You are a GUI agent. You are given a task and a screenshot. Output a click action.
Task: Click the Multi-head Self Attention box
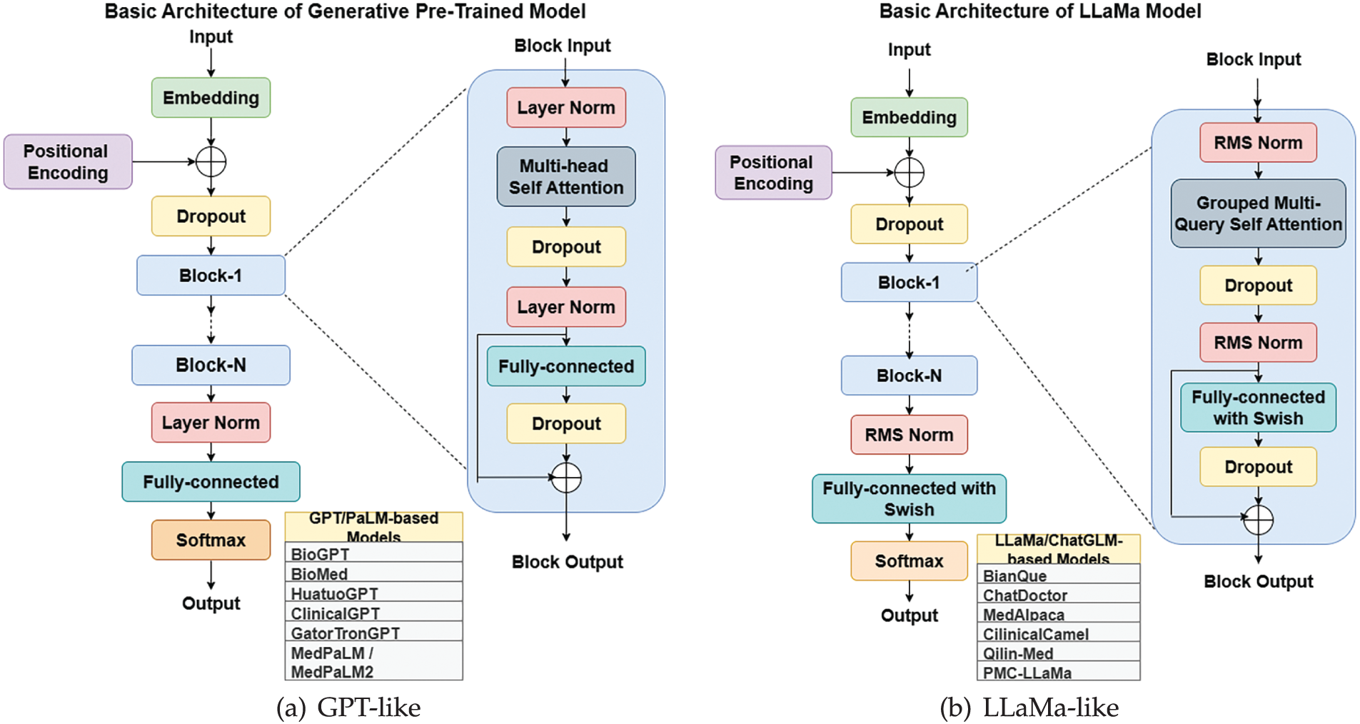coord(566,176)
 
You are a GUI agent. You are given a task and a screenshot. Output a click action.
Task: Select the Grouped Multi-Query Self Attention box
coord(1258,213)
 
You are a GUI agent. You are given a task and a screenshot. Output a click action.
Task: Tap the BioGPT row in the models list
coord(373,553)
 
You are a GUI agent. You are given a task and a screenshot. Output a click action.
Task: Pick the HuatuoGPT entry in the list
coord(373,593)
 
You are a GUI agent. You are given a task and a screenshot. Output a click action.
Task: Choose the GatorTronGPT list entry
coord(373,632)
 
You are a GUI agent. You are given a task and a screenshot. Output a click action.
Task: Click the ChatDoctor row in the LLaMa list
coord(1058,594)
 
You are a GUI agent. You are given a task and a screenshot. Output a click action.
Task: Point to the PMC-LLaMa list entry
coord(1058,672)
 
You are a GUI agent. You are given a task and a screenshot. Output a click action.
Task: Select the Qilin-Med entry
coord(1058,653)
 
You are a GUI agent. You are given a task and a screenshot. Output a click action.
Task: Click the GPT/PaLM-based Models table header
coord(373,527)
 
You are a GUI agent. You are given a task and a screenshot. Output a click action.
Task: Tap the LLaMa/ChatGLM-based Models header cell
coord(1058,549)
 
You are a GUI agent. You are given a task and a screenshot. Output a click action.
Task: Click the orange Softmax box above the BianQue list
coord(909,560)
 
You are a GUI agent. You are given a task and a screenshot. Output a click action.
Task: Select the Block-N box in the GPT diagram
coord(211,365)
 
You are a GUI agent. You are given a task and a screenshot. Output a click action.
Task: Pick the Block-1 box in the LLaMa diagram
coord(909,282)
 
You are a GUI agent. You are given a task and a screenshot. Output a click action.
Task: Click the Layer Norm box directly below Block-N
coord(211,422)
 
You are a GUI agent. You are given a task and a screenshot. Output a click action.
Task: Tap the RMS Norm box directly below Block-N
coord(909,434)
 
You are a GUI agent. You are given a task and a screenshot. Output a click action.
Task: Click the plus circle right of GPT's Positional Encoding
coord(211,162)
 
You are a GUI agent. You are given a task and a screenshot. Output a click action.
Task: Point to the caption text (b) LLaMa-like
coord(1029,707)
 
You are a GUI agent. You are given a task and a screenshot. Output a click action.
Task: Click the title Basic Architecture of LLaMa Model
coord(1040,11)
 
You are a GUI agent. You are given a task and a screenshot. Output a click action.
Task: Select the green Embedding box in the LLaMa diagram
coord(909,117)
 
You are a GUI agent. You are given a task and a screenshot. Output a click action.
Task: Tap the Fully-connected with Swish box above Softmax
coord(909,498)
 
